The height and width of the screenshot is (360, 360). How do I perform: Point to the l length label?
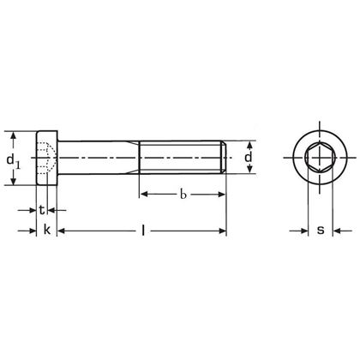[x=142, y=207]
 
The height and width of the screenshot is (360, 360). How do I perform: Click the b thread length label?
[x=183, y=172]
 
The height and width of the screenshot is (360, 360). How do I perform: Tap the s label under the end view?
[x=320, y=207]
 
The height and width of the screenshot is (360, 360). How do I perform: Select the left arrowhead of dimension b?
[x=144, y=172]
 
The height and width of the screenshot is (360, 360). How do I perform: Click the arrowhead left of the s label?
[x=303, y=207]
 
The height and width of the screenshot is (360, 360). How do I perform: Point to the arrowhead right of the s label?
[x=337, y=207]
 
